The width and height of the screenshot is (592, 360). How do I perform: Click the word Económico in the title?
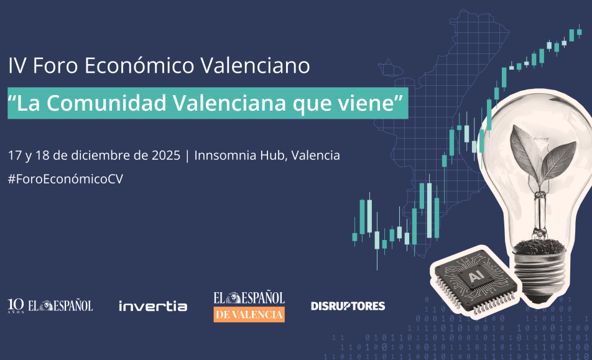tap(139, 65)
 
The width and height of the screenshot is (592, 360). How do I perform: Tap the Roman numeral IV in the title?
tap(17, 66)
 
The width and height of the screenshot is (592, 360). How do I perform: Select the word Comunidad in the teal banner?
tap(106, 103)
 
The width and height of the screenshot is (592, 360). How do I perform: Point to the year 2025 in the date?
tap(166, 155)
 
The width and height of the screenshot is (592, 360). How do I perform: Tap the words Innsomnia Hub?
tap(239, 155)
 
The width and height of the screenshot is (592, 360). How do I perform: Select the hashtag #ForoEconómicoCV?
tap(66, 179)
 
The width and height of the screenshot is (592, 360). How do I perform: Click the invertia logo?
tap(153, 306)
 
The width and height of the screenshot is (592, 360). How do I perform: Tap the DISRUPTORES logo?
tap(348, 306)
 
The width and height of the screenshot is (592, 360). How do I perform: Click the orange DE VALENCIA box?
tap(249, 315)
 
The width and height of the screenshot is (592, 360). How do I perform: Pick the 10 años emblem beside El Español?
tap(16, 306)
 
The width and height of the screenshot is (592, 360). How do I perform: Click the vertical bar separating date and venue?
tap(188, 155)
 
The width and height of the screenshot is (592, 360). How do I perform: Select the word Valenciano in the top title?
tap(255, 65)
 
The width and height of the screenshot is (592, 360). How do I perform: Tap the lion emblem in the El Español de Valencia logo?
tap(235, 298)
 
